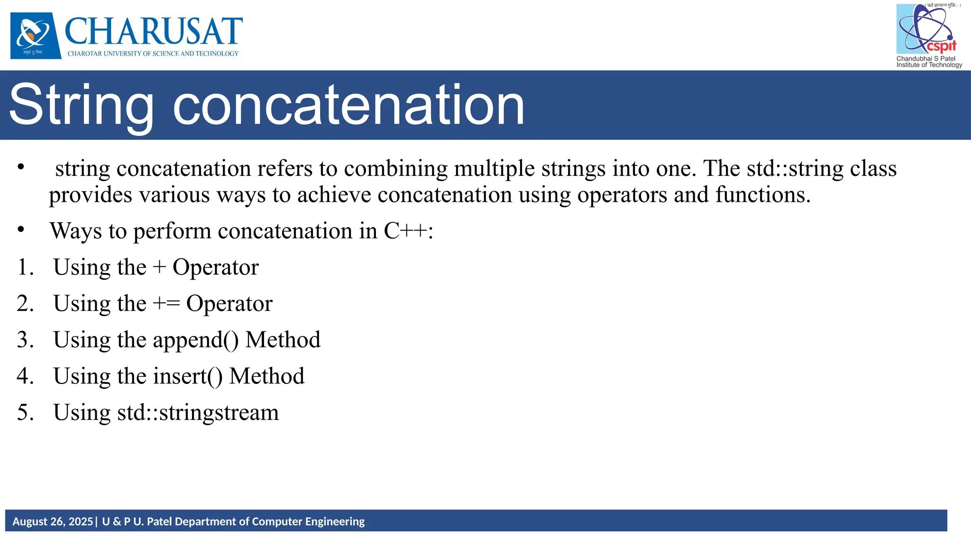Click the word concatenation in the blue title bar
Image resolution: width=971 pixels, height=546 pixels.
click(348, 105)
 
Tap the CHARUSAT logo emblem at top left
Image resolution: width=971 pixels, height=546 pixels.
click(36, 35)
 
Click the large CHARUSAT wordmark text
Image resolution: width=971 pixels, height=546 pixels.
click(154, 31)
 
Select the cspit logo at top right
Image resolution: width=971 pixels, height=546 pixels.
click(927, 29)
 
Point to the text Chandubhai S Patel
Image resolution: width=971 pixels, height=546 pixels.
click(925, 59)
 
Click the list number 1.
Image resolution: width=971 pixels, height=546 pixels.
click(25, 267)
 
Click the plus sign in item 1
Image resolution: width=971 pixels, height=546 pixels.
click(159, 267)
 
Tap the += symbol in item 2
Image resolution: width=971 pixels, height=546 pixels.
click(166, 304)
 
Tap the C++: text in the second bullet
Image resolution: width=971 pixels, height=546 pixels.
click(408, 231)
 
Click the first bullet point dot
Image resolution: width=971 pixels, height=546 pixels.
click(20, 167)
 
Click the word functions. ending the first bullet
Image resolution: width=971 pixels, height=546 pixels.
click(763, 195)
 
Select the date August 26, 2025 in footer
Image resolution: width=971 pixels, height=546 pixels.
click(53, 522)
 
